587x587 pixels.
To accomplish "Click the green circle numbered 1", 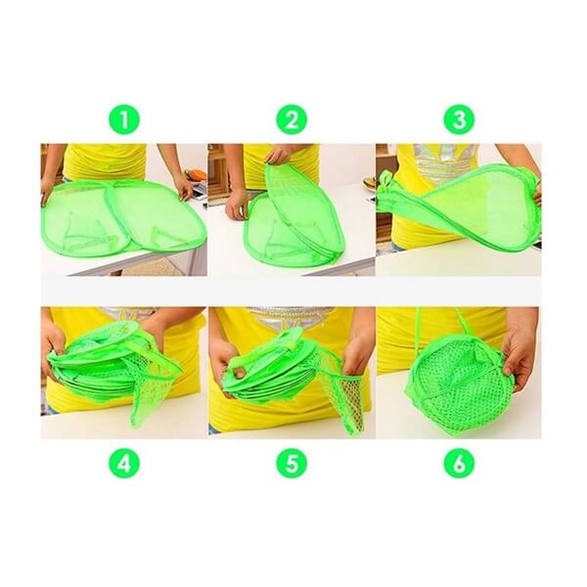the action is [124, 120].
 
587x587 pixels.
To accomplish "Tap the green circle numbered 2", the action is [292, 120].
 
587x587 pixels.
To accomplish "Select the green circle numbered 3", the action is [459, 120].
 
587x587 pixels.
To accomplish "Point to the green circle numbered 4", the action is [124, 463].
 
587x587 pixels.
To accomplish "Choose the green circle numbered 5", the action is [292, 463].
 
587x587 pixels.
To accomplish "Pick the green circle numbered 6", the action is [459, 463].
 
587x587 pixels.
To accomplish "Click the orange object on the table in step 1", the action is [198, 174].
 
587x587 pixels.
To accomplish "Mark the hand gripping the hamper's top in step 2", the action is [277, 155].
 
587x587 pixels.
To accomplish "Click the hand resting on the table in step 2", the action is [237, 204].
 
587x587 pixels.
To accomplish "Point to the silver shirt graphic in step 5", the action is [291, 318].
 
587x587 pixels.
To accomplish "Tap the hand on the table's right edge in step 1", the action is [184, 187].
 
